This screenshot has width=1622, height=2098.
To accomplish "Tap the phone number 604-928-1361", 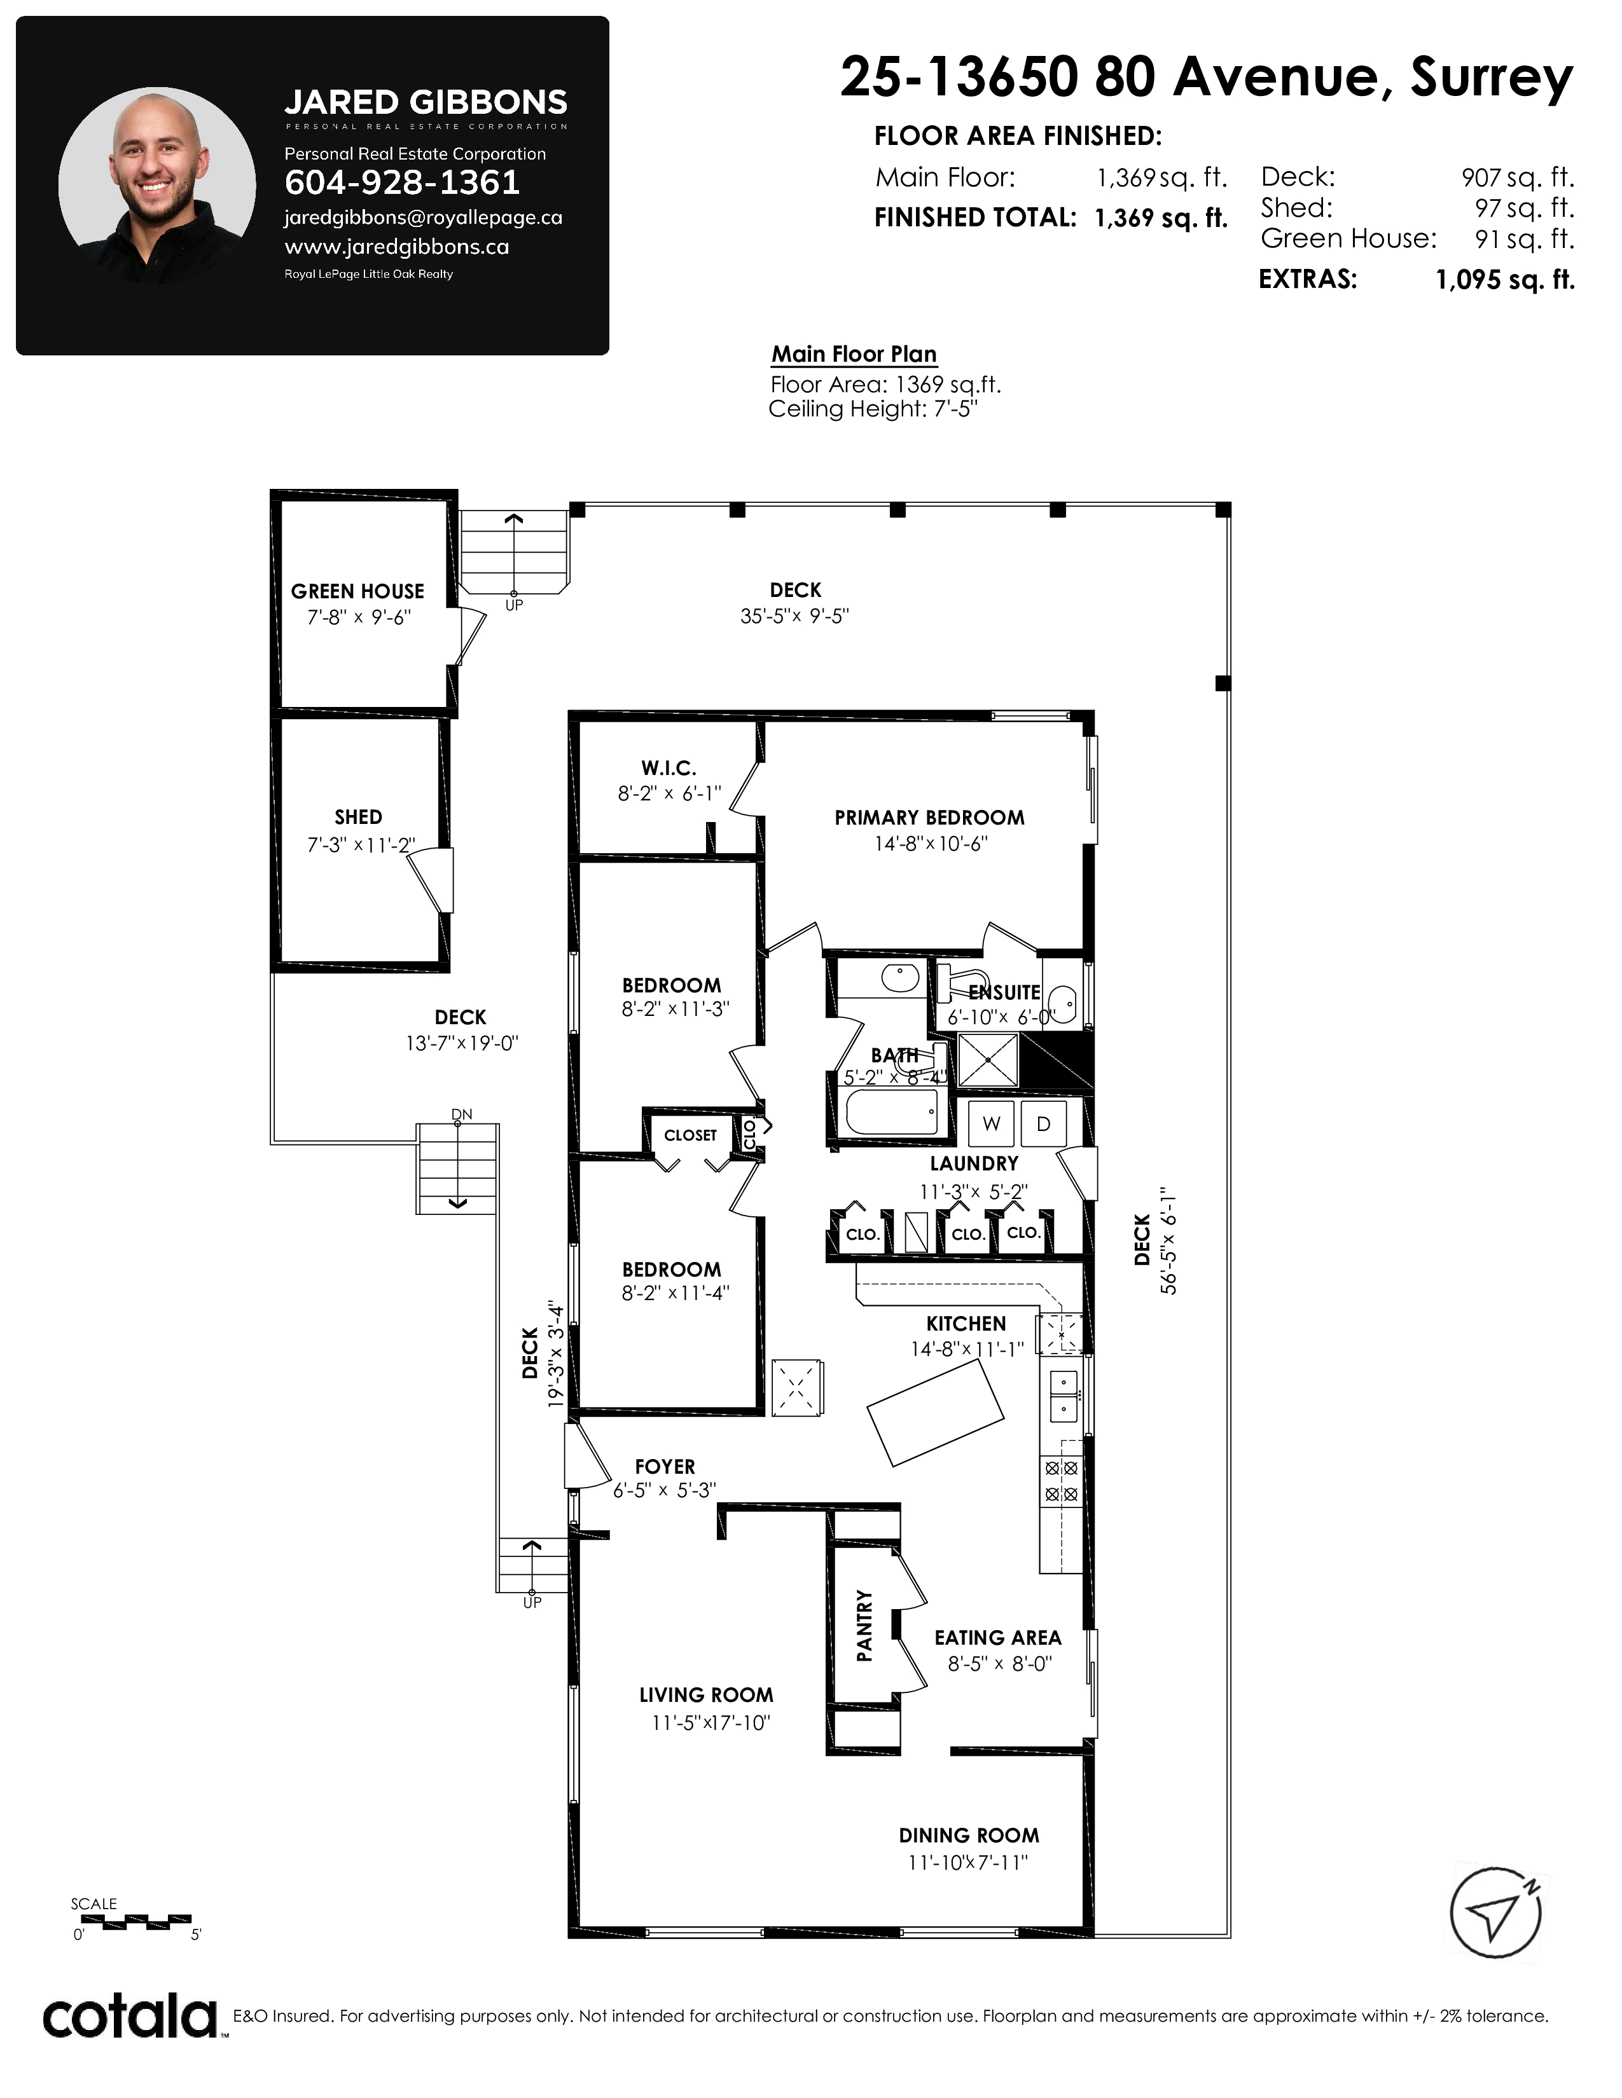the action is (403, 182).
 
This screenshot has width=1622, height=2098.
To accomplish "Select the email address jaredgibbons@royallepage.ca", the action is (423, 218).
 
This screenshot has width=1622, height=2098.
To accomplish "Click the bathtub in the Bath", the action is (892, 1113).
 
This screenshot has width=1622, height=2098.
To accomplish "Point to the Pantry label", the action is (865, 1626).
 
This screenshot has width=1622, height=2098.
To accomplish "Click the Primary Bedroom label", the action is (929, 818).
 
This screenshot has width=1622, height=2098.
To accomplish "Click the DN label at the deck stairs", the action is (462, 1114).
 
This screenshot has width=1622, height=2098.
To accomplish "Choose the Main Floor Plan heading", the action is (854, 355).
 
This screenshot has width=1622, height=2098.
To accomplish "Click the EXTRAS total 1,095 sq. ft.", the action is (1505, 280).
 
